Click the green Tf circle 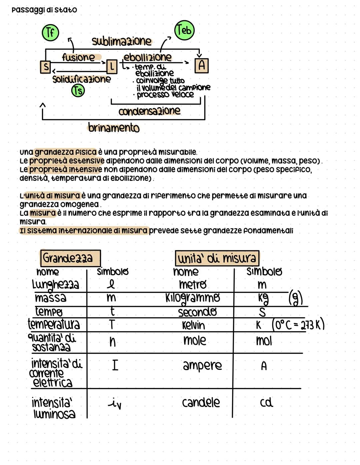[50, 33]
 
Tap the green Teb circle [184, 30]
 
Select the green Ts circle [78, 91]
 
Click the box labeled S [45, 67]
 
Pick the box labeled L [112, 67]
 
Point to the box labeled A [201, 65]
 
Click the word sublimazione [121, 41]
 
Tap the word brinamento [114, 128]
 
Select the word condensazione [149, 111]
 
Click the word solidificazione [81, 79]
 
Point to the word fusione [79, 57]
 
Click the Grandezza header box [70, 258]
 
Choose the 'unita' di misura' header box [217, 258]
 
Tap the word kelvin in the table [193, 325]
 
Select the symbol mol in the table [264, 341]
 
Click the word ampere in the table [202, 365]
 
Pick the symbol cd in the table [266, 402]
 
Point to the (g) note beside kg [295, 298]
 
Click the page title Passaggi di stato [44, 10]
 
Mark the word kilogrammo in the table [193, 297]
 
